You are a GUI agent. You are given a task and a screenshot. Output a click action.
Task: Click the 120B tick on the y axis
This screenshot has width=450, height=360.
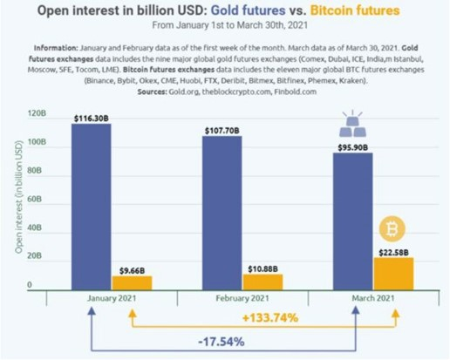pyautogui.click(x=37, y=113)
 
